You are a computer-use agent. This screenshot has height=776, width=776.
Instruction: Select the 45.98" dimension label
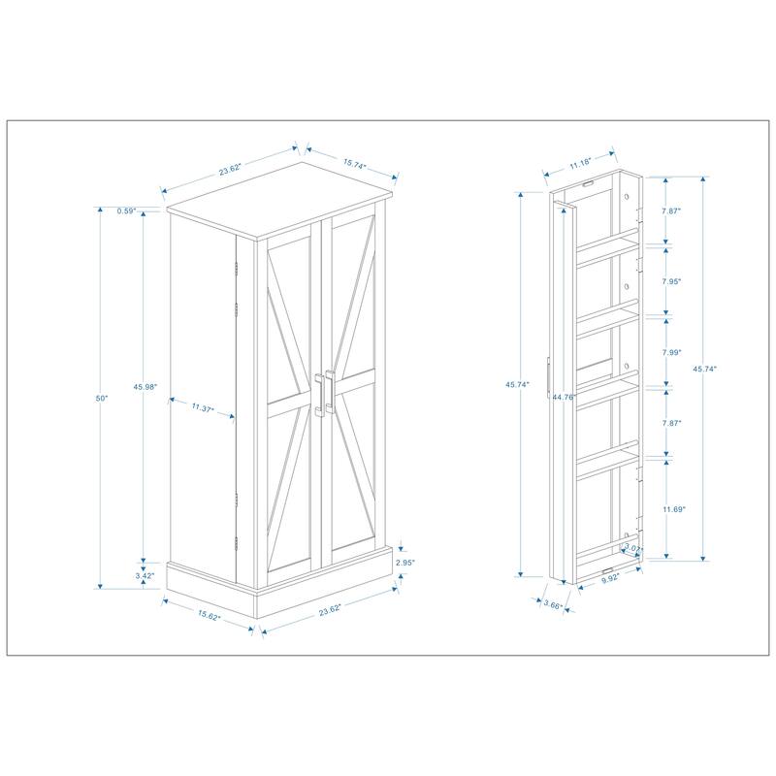click(x=145, y=388)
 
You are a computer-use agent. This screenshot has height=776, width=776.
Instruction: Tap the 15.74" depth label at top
click(x=354, y=166)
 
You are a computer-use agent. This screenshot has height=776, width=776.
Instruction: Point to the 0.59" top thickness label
click(x=124, y=211)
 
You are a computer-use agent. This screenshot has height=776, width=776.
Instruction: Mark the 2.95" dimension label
click(x=404, y=563)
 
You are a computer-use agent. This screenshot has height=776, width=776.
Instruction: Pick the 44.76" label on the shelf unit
click(x=565, y=397)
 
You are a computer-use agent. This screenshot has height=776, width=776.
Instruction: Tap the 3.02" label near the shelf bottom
click(x=632, y=550)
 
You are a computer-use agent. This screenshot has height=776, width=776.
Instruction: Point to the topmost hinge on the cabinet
click(x=236, y=267)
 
